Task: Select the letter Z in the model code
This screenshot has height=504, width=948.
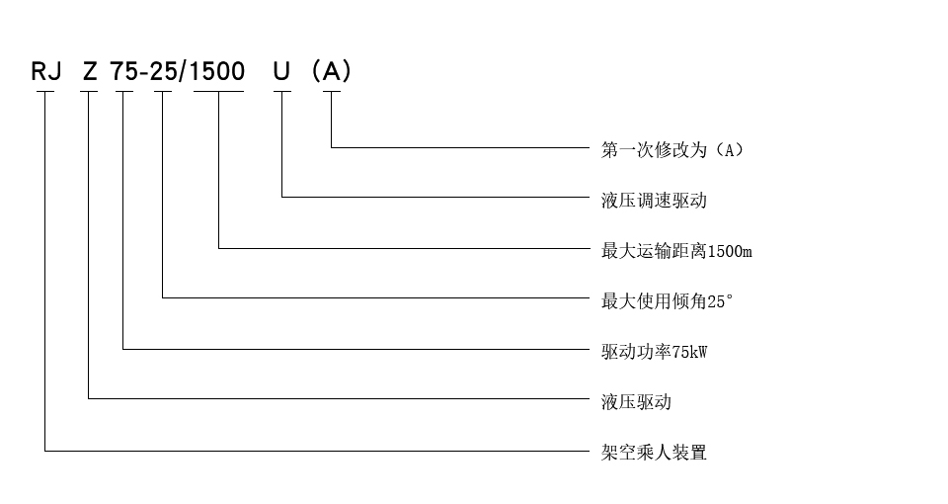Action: click(x=91, y=71)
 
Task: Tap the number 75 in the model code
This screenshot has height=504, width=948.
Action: click(x=122, y=71)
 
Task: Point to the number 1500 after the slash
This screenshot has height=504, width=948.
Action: click(x=219, y=71)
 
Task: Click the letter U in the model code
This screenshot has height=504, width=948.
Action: click(x=282, y=71)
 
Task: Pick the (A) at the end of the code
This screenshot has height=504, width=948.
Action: click(x=331, y=71)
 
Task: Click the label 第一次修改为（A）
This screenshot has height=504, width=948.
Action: click(x=671, y=150)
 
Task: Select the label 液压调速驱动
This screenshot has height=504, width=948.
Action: click(x=654, y=201)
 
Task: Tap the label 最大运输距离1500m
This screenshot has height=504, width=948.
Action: click(x=676, y=251)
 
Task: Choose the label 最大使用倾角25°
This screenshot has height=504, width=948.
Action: click(x=668, y=301)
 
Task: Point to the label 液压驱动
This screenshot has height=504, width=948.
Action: click(x=636, y=402)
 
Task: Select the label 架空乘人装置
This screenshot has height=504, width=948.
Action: click(x=654, y=453)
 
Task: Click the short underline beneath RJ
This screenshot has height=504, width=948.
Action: click(x=45, y=92)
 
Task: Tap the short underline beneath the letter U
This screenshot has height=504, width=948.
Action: click(x=282, y=92)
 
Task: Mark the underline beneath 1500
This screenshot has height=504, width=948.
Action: click(x=218, y=92)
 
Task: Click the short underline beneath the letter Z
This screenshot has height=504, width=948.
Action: click(x=89, y=92)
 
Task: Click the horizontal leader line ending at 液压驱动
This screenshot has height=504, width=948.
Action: click(x=336, y=398)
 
